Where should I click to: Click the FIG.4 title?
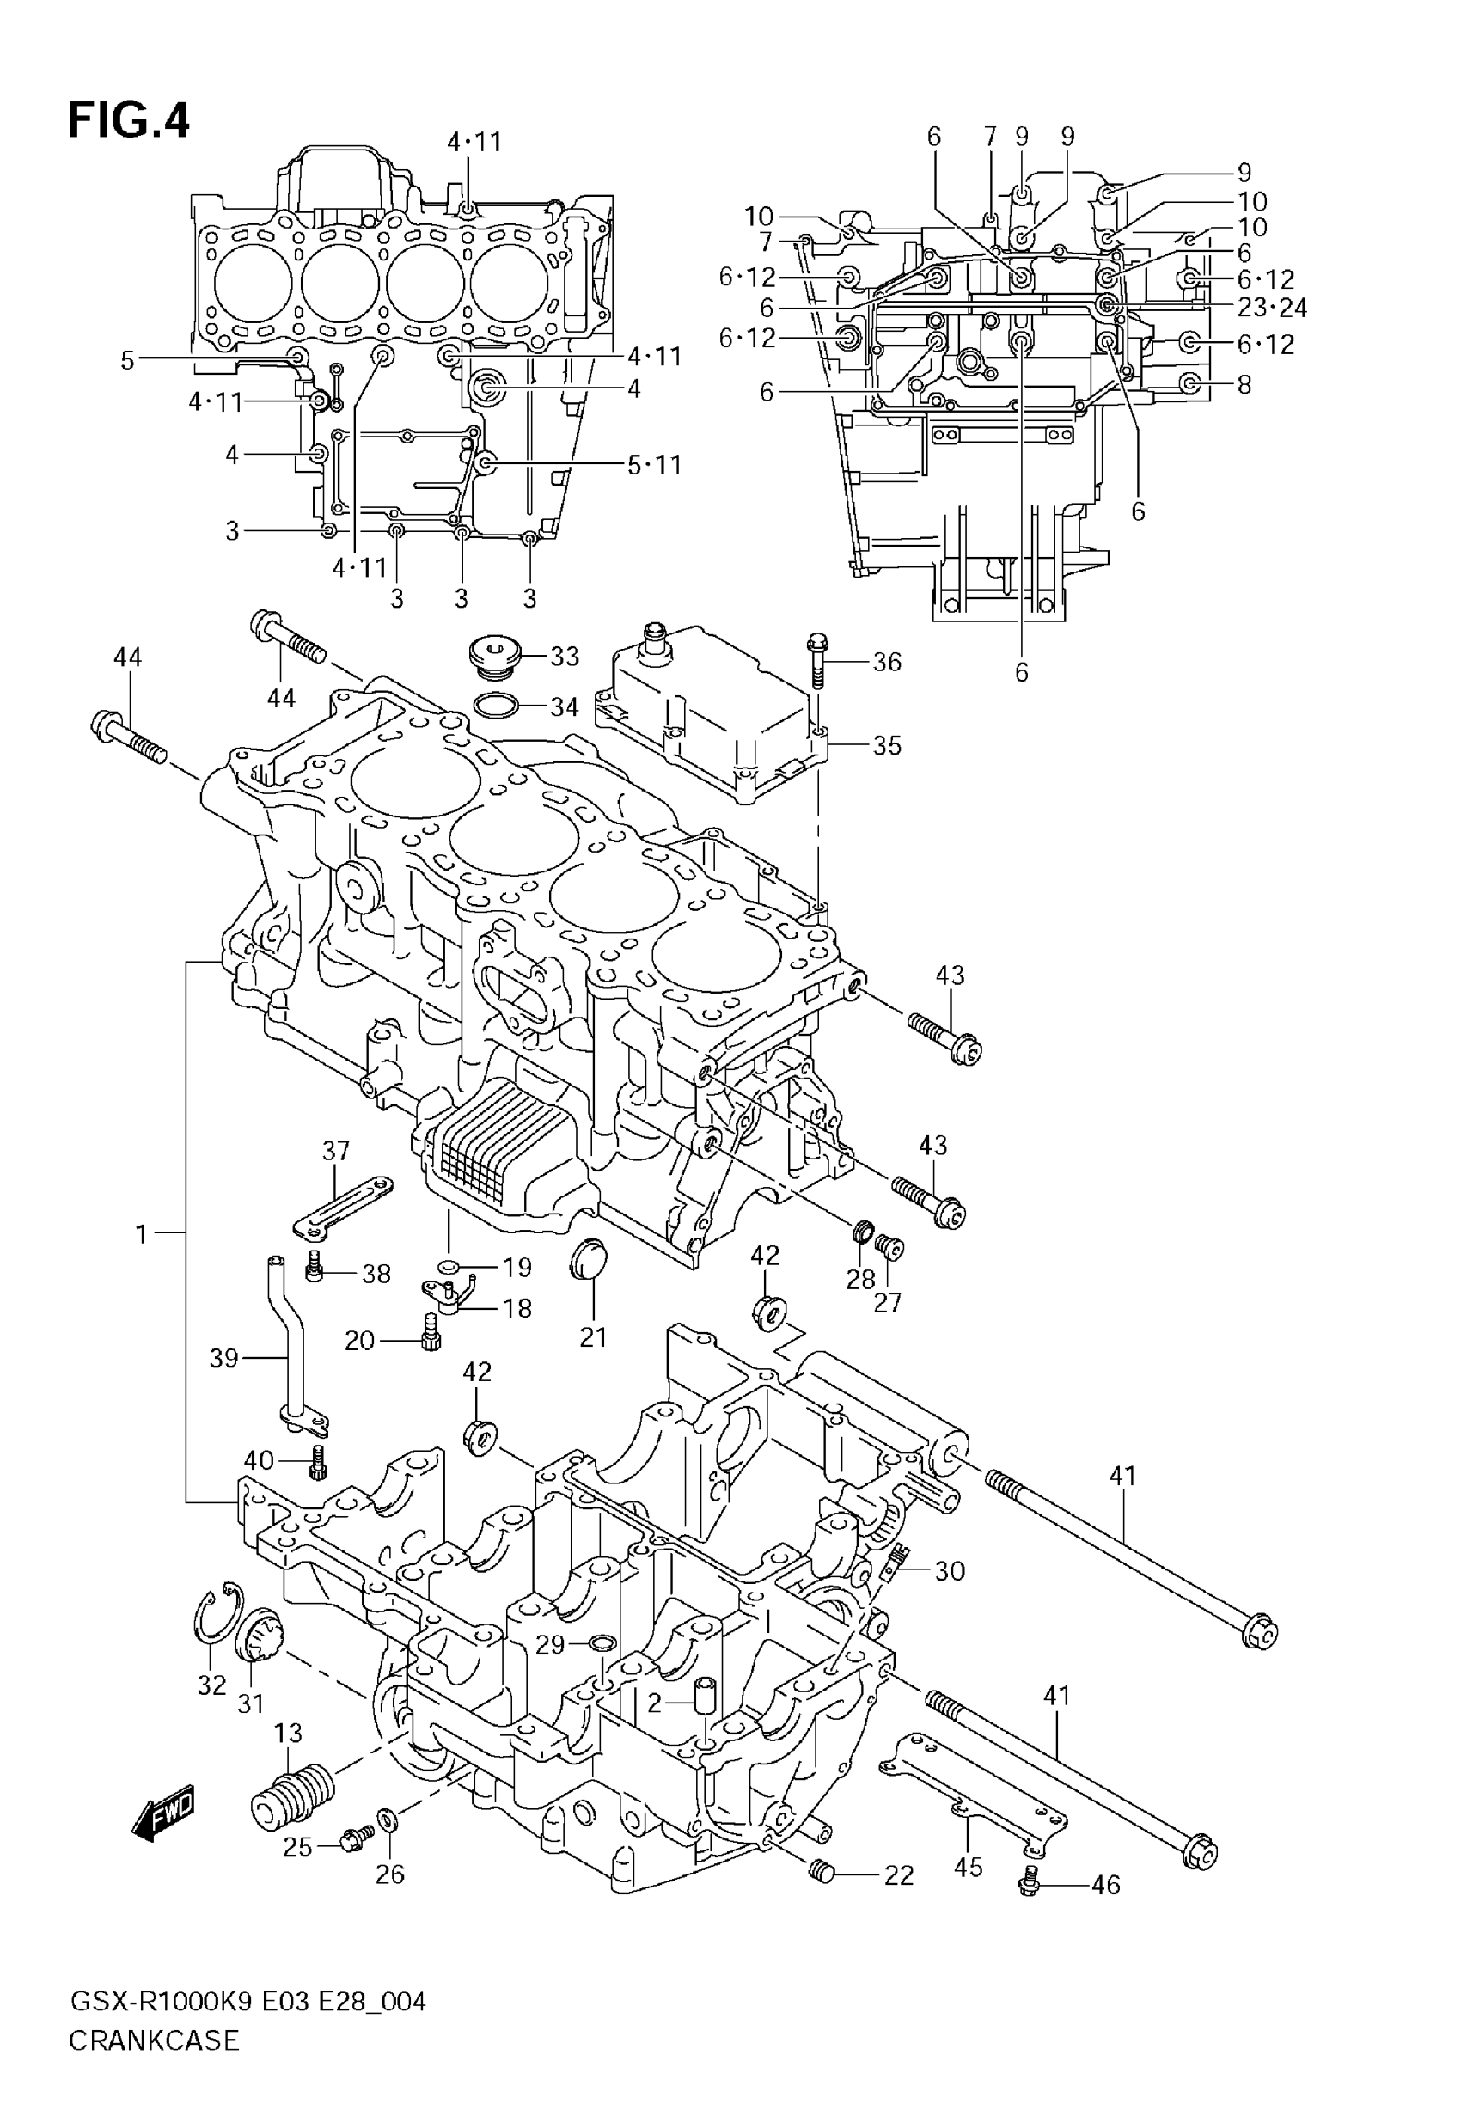[129, 121]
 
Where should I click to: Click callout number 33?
[565, 657]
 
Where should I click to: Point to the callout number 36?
[887, 662]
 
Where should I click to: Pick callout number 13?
[289, 1734]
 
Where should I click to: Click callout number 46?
[1106, 1885]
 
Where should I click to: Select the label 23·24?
[1273, 308]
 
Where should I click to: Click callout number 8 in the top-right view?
[1244, 384]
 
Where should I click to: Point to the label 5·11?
[655, 465]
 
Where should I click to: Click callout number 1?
[141, 1235]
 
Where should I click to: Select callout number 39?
[224, 1358]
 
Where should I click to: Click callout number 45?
[969, 1866]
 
